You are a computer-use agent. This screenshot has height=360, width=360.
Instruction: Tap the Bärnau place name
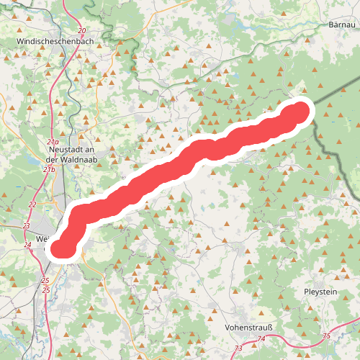click(x=342, y=24)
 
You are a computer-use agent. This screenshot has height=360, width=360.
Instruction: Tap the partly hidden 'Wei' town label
click(x=41, y=238)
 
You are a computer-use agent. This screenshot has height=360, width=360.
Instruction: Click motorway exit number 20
click(x=82, y=30)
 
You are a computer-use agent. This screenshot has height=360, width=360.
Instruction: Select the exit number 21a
click(x=53, y=143)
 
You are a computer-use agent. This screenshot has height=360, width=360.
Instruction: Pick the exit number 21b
click(x=48, y=169)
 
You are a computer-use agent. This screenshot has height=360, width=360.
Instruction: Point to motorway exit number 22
click(x=32, y=204)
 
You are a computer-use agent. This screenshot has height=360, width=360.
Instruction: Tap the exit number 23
click(x=27, y=226)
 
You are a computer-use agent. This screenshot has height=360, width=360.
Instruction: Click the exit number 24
click(x=28, y=246)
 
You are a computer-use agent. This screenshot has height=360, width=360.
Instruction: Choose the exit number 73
click(x=239, y=348)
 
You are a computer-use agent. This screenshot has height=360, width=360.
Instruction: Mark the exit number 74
click(x=261, y=338)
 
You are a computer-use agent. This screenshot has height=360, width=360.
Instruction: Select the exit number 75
click(x=327, y=336)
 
